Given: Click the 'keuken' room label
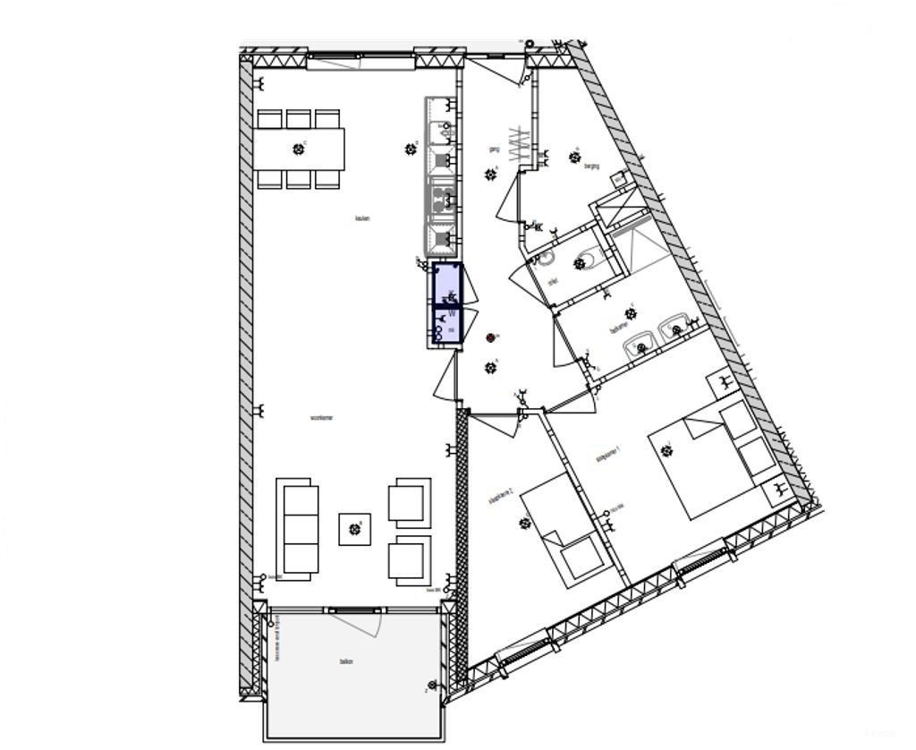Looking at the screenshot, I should pyautogui.click(x=362, y=219).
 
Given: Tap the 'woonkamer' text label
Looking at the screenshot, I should pyautogui.click(x=321, y=418).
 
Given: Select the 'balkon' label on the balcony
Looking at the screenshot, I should pyautogui.click(x=346, y=662).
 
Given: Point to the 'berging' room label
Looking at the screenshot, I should pyautogui.click(x=591, y=166).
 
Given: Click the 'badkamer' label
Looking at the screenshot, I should pyautogui.click(x=619, y=329).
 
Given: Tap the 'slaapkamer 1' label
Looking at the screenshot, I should pyautogui.click(x=608, y=457).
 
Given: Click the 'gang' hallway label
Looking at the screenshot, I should pyautogui.click(x=493, y=149).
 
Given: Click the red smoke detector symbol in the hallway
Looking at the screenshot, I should pyautogui.click(x=490, y=337).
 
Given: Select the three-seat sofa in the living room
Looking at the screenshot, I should pyautogui.click(x=301, y=528).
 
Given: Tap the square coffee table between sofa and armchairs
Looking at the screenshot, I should pyautogui.click(x=354, y=529).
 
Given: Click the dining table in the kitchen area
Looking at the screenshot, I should pyautogui.click(x=299, y=149).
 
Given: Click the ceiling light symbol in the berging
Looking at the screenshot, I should pyautogui.click(x=575, y=158).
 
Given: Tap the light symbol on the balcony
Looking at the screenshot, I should pyautogui.click(x=434, y=686).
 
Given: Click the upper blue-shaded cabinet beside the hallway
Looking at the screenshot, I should pyautogui.click(x=446, y=284).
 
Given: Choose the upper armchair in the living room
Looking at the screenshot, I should pyautogui.click(x=409, y=500).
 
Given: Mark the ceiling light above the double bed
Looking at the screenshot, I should pyautogui.click(x=666, y=450).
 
